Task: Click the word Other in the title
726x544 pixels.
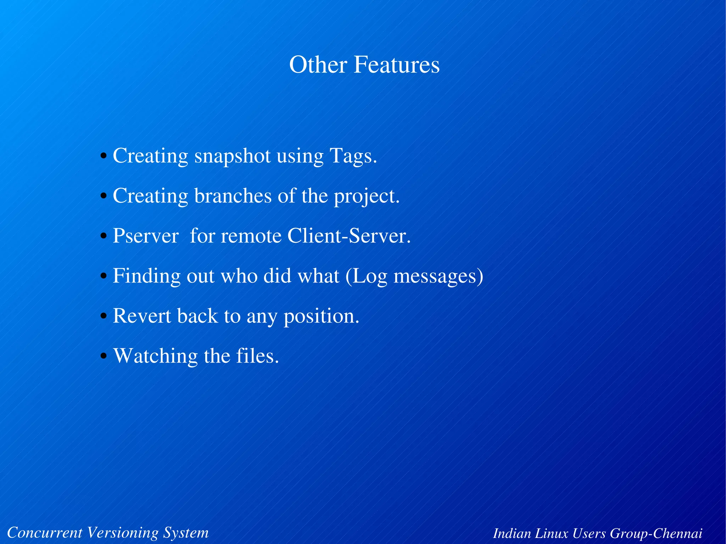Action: (318, 65)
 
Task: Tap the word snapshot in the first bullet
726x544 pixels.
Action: (232, 156)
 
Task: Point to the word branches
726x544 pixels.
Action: (233, 196)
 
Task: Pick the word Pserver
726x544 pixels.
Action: (145, 236)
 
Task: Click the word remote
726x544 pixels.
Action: (251, 236)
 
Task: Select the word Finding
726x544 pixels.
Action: (146, 276)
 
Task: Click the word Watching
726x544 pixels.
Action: (155, 356)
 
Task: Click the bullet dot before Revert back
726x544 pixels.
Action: (104, 316)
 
